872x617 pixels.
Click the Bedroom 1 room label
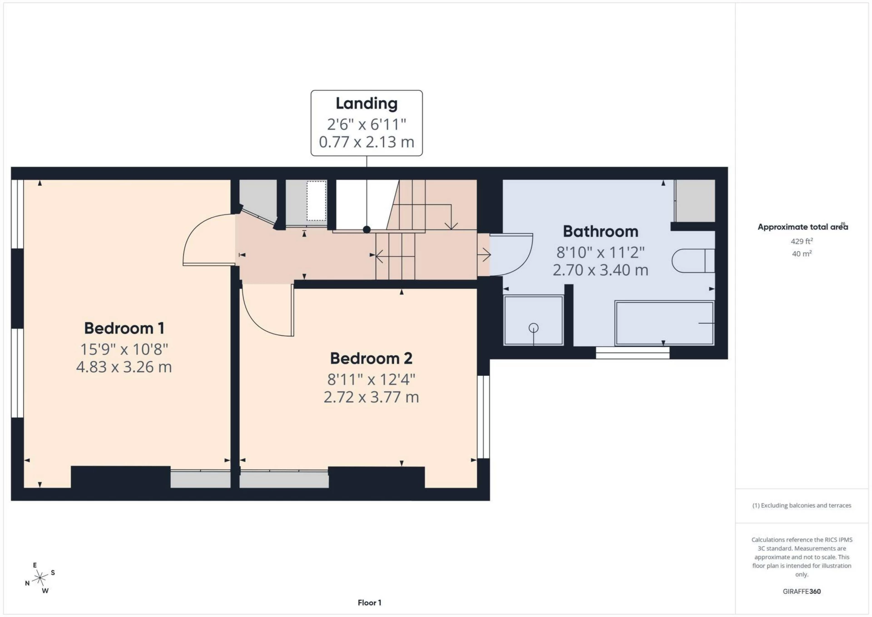click(124, 328)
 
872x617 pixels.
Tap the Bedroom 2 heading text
click(371, 358)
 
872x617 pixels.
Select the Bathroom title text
click(600, 231)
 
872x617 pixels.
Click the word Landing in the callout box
click(367, 103)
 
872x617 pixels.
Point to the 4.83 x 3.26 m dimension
click(124, 367)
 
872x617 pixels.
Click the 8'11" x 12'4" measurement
click(371, 379)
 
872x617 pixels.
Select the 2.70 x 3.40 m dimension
click(600, 270)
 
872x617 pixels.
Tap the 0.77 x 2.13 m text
click(367, 142)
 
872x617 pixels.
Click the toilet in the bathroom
click(693, 261)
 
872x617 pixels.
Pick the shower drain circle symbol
click(534, 328)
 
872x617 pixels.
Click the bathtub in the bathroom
click(664, 323)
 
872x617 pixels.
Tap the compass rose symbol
click(40, 578)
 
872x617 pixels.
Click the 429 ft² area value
click(802, 241)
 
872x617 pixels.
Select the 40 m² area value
click(802, 254)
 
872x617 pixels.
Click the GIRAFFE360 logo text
click(802, 591)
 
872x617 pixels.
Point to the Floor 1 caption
click(369, 602)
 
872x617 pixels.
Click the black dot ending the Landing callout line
click(367, 229)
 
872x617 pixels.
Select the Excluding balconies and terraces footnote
click(802, 505)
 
